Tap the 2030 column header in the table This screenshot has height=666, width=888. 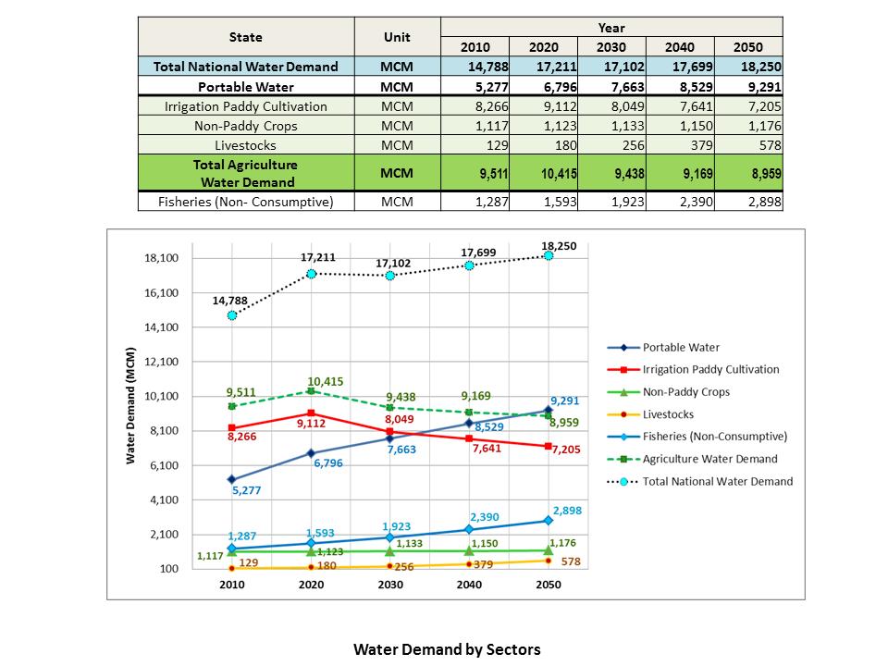(610, 47)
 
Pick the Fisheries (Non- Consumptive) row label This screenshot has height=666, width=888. (247, 201)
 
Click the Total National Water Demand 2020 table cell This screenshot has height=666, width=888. (543, 67)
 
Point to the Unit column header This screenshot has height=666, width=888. (398, 37)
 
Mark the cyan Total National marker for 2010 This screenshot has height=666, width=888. (231, 315)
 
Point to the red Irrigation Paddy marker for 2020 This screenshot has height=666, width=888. (311, 413)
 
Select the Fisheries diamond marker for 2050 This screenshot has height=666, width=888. (548, 521)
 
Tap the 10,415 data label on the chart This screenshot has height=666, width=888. (325, 382)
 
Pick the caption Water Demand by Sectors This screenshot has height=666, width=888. (447, 648)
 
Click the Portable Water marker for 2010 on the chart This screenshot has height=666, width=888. (231, 479)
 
